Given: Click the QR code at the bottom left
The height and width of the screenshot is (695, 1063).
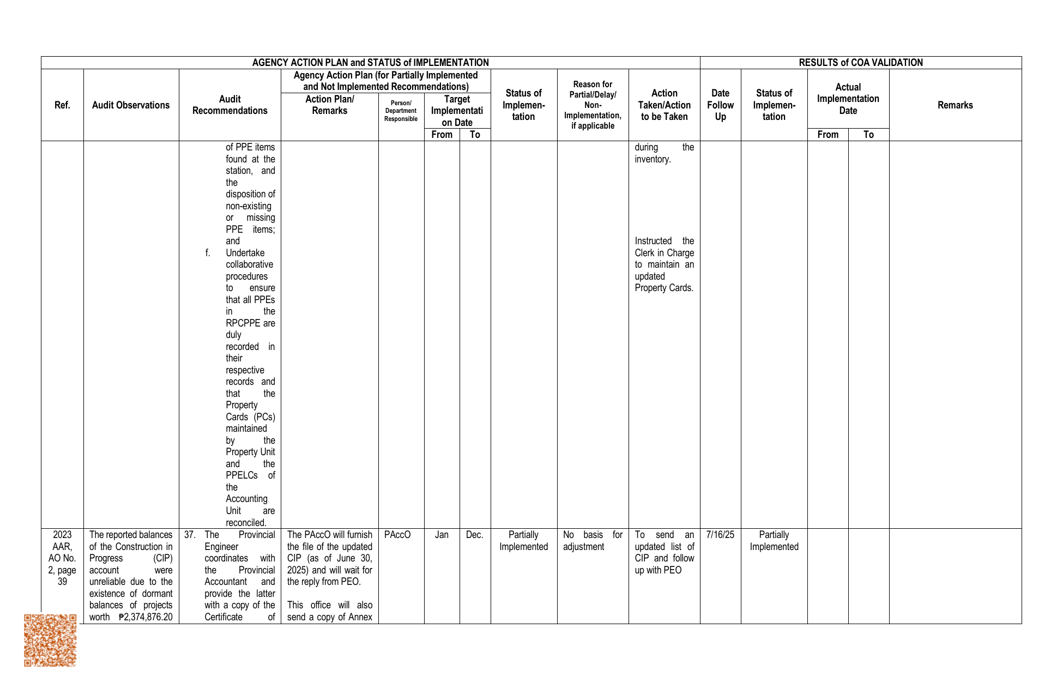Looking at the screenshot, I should click(x=50, y=640).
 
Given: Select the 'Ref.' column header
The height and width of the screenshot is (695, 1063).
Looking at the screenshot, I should click(x=62, y=105).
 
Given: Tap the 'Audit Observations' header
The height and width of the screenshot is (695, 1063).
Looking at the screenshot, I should click(x=131, y=105).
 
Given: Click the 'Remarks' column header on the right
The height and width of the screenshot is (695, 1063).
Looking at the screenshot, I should click(x=955, y=105).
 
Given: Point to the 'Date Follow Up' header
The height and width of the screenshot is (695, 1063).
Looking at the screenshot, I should click(x=720, y=105).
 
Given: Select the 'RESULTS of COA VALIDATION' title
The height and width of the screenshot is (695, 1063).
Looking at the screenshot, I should click(x=860, y=63).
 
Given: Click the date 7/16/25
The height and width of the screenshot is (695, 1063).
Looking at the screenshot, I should click(x=720, y=535).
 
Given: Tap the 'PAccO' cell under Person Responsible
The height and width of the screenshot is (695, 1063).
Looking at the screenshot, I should click(x=397, y=535).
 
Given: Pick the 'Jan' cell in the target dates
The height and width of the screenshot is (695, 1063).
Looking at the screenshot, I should click(x=442, y=535).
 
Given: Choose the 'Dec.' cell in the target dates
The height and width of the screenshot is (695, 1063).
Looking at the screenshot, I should click(x=475, y=535).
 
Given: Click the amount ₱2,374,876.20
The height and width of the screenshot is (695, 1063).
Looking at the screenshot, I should click(x=146, y=617).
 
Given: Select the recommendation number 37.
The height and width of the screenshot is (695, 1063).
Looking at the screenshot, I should click(x=190, y=535).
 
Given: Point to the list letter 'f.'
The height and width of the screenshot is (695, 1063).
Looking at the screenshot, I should click(x=208, y=253).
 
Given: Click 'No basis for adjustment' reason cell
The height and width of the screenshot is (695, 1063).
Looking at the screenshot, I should click(x=592, y=541).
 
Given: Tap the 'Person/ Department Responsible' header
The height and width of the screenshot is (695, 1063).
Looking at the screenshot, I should click(x=401, y=111).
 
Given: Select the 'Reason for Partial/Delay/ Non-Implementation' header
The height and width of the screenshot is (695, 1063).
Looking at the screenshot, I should click(x=593, y=105).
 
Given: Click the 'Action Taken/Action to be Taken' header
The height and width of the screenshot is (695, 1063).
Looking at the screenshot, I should click(x=664, y=105).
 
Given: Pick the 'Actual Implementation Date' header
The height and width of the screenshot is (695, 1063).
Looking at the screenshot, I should click(x=848, y=99).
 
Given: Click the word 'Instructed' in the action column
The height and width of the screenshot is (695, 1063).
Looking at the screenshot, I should click(x=653, y=241).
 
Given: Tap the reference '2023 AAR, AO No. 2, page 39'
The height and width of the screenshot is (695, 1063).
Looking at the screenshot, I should click(x=62, y=558).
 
